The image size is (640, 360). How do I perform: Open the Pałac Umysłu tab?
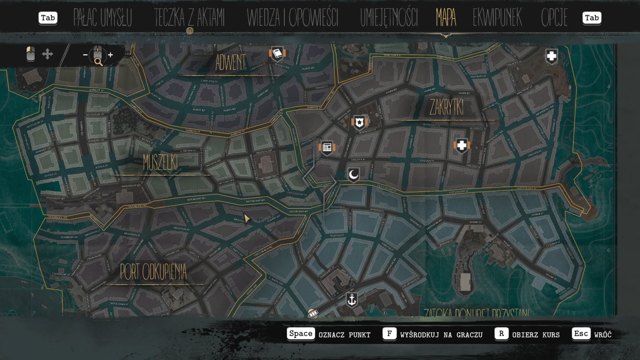point(102,18)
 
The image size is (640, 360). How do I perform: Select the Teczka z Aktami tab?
point(189,18)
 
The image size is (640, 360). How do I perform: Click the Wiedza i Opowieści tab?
point(293,18)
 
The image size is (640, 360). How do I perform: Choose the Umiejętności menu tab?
point(389,18)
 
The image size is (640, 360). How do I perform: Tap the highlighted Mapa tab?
point(446,18)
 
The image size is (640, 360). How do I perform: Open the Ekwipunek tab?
point(497,18)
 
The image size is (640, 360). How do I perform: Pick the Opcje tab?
point(554,18)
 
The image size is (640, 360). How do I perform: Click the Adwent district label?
point(231,63)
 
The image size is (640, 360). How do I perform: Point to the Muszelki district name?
point(160,162)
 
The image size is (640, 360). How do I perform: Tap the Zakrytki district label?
point(447,108)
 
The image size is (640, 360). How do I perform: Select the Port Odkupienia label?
point(153,272)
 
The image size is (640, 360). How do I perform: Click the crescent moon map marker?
point(353,175)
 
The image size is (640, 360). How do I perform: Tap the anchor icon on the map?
point(352,300)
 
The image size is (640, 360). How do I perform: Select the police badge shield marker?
point(360,122)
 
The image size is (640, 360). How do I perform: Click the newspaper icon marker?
point(327,147)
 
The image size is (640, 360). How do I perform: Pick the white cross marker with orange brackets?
point(462,146)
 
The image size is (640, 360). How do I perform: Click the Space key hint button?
point(301,334)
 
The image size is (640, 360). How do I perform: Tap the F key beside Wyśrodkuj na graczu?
point(389,334)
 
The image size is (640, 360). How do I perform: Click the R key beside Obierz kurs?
point(501,334)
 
